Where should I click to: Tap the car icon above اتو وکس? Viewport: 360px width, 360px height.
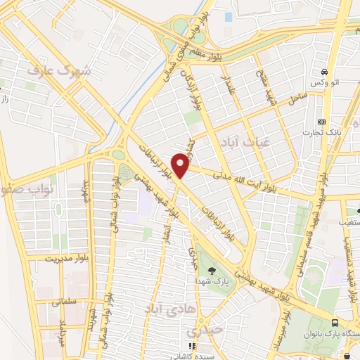[323, 72]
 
